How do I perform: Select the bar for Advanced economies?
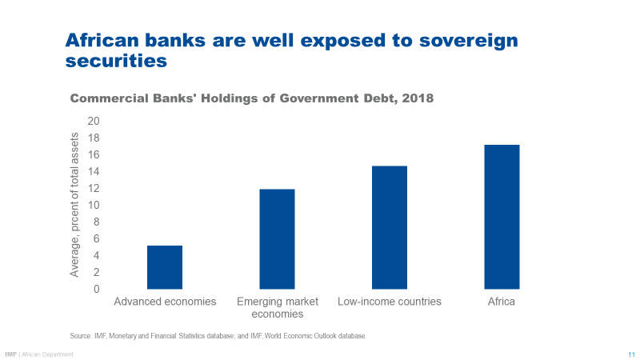coord(165,267)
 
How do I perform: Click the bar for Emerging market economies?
coord(277,239)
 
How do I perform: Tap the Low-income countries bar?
coord(390,227)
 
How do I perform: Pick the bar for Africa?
coord(502,217)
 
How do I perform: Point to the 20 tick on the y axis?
coord(94,122)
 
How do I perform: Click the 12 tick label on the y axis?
coord(94,189)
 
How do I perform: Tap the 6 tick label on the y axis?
coord(97,239)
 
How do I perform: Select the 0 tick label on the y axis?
coord(97,289)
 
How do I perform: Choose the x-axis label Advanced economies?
coord(165,302)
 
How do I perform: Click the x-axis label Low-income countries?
coord(390,302)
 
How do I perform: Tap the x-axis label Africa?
coord(502,302)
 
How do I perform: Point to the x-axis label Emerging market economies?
coord(277,307)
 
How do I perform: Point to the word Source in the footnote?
coord(81,334)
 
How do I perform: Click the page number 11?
coord(630,354)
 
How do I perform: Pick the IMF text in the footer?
coord(11,354)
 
